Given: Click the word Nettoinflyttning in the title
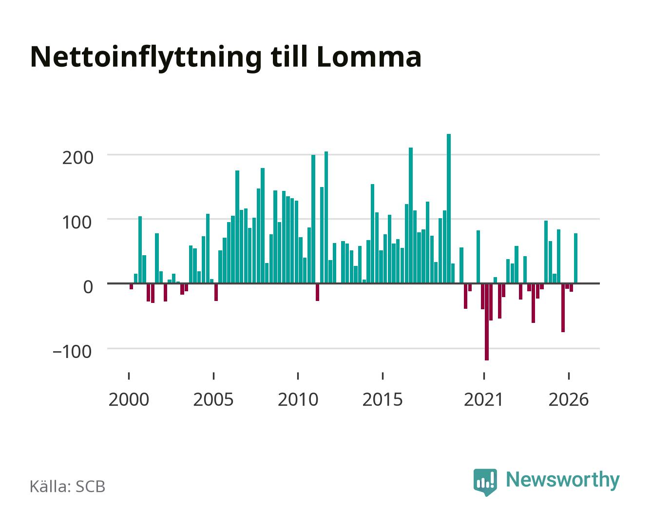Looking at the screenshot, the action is tap(146, 58).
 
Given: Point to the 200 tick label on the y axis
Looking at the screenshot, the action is tap(77, 158).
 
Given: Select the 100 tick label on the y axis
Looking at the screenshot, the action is tap(77, 223).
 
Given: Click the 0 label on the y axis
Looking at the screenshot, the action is tap(88, 287).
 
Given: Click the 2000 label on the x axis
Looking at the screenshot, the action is tap(129, 399).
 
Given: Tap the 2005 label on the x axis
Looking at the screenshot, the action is tap(213, 399).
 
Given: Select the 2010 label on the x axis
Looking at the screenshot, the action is tap(298, 399).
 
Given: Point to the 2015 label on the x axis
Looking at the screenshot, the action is tap(383, 399).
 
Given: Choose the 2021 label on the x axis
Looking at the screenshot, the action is tap(483, 399).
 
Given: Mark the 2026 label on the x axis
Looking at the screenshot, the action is tap(569, 399).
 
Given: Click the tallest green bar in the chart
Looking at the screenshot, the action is tap(449, 208).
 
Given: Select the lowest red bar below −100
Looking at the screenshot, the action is tap(487, 322).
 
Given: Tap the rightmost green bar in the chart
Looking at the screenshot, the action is tap(575, 258).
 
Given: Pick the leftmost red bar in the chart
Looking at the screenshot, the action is tap(131, 286).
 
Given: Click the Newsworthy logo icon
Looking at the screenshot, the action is tap(485, 482).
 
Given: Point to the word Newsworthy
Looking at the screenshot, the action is tap(563, 480).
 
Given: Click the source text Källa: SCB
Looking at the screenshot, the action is tap(68, 486).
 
